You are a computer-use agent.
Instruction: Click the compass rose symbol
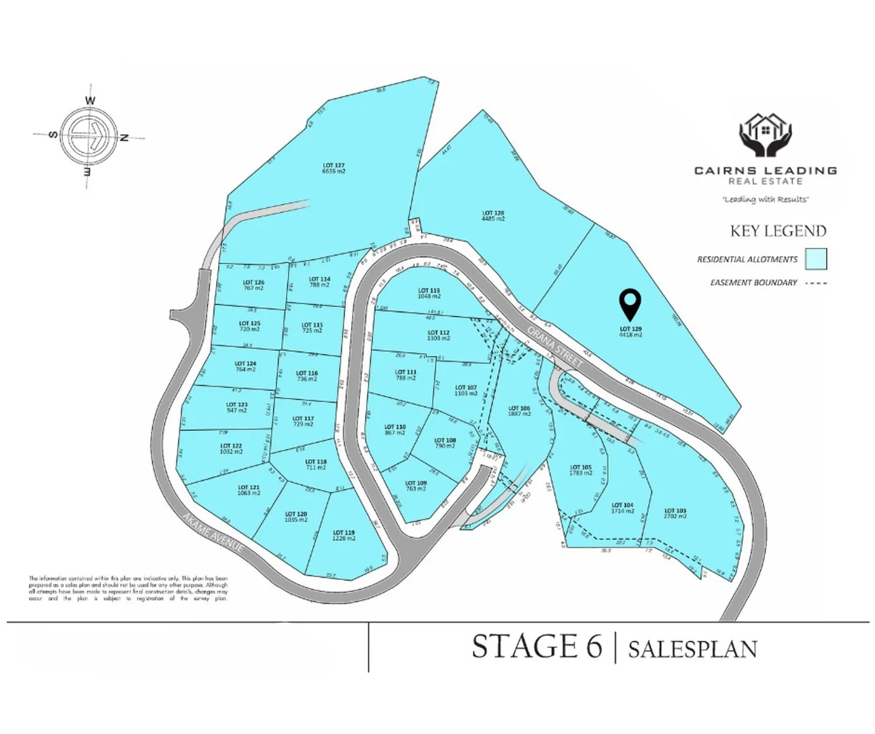click(89, 136)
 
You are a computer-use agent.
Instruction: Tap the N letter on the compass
click(124, 138)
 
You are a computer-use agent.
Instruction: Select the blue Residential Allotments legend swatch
click(816, 259)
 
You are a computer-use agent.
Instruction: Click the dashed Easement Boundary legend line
click(816, 283)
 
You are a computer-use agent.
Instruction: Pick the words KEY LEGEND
click(778, 231)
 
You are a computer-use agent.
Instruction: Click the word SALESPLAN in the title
click(692, 648)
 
